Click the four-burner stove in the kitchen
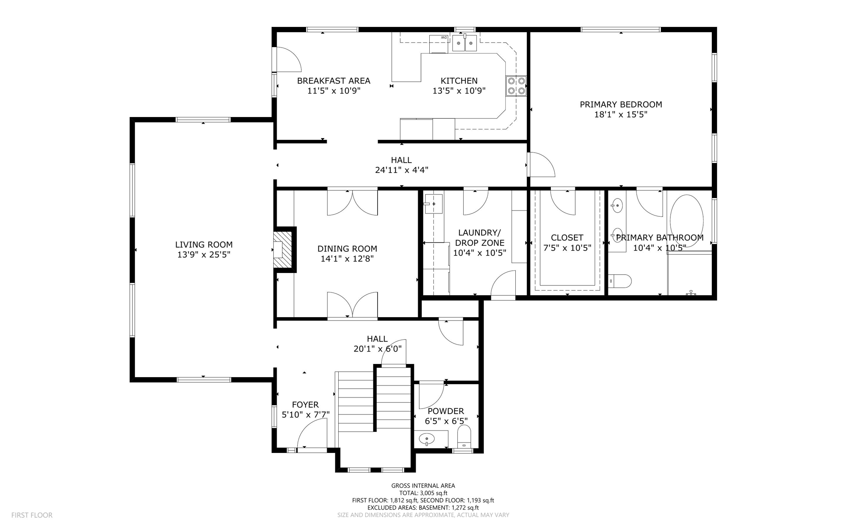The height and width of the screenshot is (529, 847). pos(516,86)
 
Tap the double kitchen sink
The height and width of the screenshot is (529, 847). pos(464,43)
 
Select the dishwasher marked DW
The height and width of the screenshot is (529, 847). pos(439,44)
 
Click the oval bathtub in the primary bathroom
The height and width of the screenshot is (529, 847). pos(686,221)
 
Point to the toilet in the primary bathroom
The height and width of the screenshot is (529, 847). pos(620,281)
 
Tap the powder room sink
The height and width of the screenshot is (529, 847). pos(427,438)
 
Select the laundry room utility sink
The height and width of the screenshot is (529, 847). pos(433,204)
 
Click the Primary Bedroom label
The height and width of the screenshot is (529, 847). pos(620,105)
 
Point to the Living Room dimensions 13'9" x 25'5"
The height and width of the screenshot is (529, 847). pos(203,255)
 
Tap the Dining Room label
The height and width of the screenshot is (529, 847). pos(347,249)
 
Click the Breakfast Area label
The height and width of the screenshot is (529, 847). pos(333,81)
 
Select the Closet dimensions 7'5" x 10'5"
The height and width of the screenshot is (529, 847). pos(567,248)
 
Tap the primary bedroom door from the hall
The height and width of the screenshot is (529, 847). pos(541,165)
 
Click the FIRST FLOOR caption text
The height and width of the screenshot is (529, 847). pos(32,515)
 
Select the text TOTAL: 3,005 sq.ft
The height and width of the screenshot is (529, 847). pos(423,493)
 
